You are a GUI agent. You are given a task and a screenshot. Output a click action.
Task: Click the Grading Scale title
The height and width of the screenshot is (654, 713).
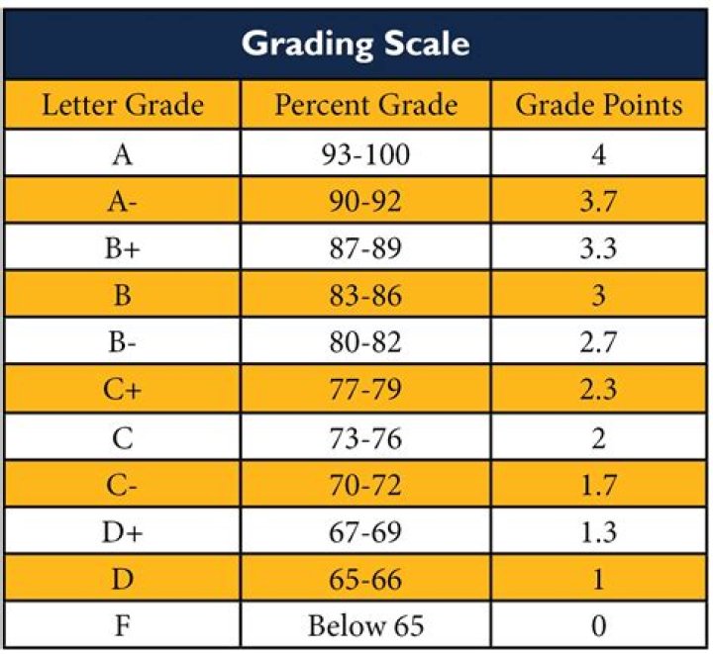(x=356, y=44)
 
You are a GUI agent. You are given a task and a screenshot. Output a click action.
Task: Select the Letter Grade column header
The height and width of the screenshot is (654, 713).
(x=123, y=106)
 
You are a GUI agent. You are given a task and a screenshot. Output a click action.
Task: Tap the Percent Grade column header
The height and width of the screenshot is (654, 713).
(x=366, y=106)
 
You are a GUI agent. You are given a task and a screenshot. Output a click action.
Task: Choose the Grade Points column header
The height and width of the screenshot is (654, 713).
(x=598, y=106)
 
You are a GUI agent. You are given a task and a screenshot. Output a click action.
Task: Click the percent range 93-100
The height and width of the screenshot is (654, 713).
(x=366, y=154)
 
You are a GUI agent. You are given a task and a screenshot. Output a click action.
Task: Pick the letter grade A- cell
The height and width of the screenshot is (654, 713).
(x=123, y=202)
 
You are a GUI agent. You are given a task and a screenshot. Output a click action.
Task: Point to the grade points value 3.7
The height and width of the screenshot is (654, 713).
(x=598, y=202)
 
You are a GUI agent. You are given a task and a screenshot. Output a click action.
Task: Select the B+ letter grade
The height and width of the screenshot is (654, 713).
(x=123, y=248)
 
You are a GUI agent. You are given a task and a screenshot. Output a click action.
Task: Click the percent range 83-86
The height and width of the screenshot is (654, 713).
(x=366, y=296)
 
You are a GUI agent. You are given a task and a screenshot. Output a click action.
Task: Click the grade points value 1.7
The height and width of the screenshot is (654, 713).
(x=598, y=485)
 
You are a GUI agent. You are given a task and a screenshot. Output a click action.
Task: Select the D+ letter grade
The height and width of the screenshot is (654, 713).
(x=123, y=532)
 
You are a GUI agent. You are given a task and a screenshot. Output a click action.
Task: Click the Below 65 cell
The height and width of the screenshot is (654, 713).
(x=366, y=626)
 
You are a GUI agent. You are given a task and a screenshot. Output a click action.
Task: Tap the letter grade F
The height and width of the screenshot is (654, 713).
(x=123, y=626)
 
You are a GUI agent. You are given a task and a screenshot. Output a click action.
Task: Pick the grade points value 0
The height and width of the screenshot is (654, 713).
(x=598, y=626)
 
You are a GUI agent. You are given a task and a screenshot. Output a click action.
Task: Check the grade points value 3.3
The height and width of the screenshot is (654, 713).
(x=598, y=248)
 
